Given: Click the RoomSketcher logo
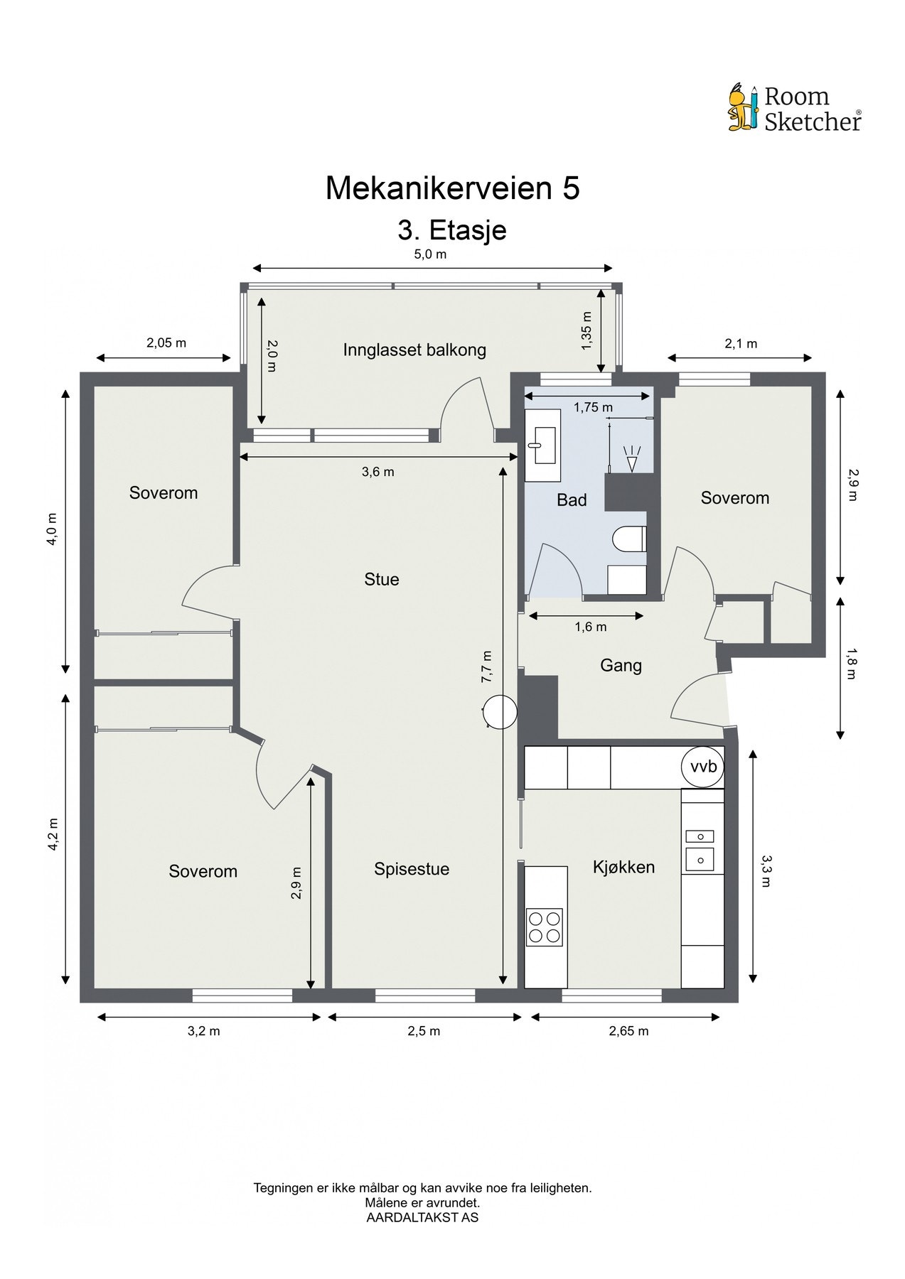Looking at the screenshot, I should click(795, 108).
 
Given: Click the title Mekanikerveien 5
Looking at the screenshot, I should click(452, 188).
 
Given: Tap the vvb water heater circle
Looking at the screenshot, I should click(702, 767).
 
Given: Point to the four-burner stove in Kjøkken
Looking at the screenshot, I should click(544, 927).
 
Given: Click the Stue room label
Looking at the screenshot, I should click(382, 580).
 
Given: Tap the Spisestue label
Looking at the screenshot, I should click(412, 869).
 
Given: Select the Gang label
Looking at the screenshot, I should click(621, 666).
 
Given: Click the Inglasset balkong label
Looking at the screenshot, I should click(414, 350).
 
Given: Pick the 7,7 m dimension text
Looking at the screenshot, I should click(487, 667).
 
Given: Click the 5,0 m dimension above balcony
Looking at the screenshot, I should click(430, 254).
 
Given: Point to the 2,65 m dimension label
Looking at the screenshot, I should click(628, 1031).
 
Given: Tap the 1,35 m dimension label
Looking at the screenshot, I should click(587, 331).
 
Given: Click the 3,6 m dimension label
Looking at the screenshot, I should click(377, 472).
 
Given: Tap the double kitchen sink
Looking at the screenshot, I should click(700, 848).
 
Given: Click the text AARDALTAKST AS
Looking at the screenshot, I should click(422, 1217).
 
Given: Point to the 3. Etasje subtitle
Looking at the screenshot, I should click(452, 230).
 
